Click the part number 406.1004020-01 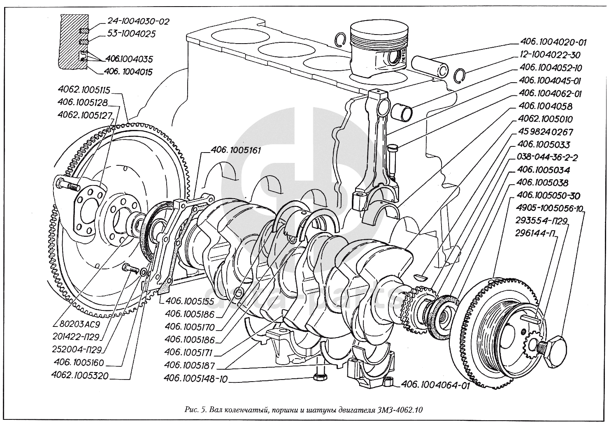pos(553,42)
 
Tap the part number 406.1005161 pos(236,151)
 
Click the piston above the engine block pos(379,49)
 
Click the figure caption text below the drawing pos(304,410)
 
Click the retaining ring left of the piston pos(340,39)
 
